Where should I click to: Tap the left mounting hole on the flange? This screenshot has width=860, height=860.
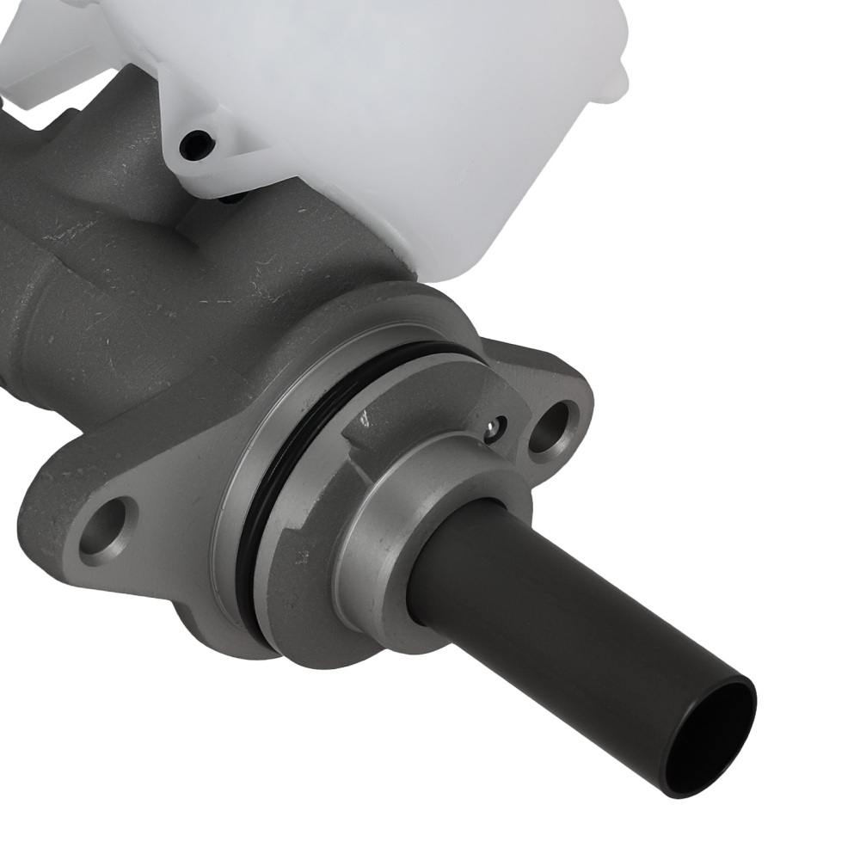(x=108, y=525)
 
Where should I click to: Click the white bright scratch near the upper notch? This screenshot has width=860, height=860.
(x=365, y=419)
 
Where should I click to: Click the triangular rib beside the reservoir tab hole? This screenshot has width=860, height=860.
(x=236, y=150)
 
